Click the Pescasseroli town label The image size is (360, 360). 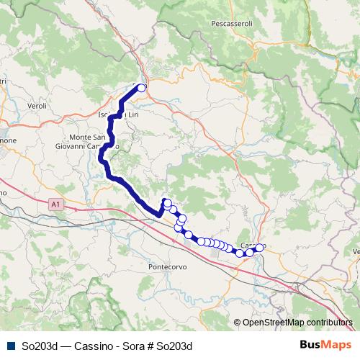click(232, 24)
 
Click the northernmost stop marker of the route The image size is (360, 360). click(141, 89)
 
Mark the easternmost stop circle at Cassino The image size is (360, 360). click(260, 248)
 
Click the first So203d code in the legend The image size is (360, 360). click(40, 346)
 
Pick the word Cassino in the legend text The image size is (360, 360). click(93, 346)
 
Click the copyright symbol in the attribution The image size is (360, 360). click(238, 323)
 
